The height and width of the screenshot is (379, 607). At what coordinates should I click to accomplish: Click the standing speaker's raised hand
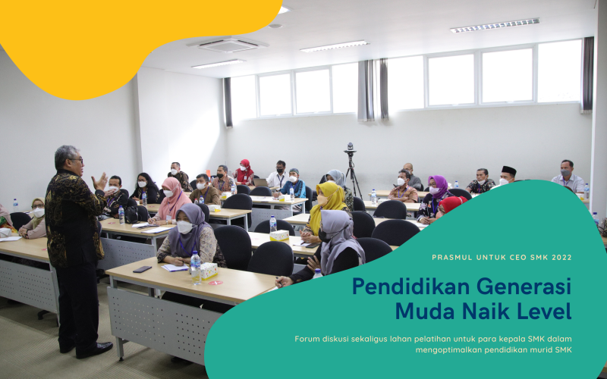(100, 182)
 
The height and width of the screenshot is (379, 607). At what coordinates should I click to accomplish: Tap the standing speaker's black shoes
(88, 348)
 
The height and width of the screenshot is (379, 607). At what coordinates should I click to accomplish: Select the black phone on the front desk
(142, 269)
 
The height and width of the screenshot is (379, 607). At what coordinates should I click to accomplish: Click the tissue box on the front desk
(209, 271)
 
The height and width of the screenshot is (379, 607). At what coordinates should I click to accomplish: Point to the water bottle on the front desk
(196, 268)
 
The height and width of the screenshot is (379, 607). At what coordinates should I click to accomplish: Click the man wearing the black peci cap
(507, 175)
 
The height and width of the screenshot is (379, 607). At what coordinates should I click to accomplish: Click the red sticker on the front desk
(215, 283)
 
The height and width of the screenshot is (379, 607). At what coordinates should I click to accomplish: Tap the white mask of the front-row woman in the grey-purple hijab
(184, 227)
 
